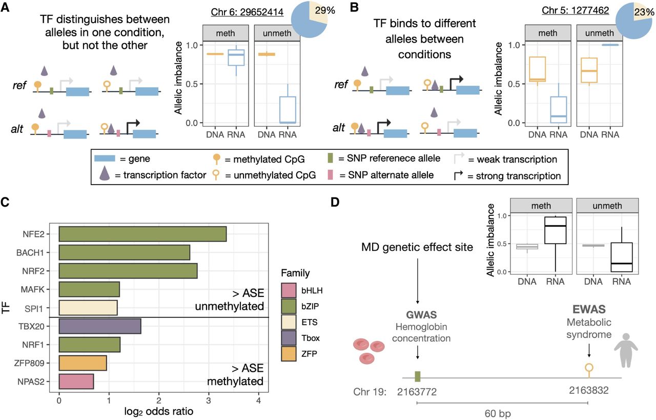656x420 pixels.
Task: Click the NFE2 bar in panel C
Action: (x=142, y=234)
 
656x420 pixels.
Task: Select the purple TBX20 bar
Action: (x=100, y=326)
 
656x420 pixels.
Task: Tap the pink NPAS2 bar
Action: (x=76, y=382)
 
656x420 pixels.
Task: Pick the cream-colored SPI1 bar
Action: (x=88, y=308)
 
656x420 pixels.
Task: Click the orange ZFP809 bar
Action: (x=83, y=363)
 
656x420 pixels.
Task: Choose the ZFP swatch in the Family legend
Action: (x=289, y=354)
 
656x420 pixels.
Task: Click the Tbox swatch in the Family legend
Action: (x=289, y=338)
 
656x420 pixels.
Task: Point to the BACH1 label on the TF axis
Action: (x=30, y=253)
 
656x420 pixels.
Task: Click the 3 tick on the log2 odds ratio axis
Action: (x=209, y=401)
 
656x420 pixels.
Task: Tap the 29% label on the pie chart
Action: (x=325, y=11)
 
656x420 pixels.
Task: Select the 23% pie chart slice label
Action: (x=644, y=12)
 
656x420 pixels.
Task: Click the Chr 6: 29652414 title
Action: (x=247, y=12)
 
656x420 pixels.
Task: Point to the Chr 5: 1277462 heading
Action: (x=575, y=10)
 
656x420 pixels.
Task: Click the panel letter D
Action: (x=335, y=202)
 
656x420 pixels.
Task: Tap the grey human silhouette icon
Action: (x=626, y=350)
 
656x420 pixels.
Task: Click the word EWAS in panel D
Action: (x=589, y=310)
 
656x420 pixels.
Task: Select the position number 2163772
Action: (x=417, y=392)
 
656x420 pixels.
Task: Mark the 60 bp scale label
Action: (x=498, y=413)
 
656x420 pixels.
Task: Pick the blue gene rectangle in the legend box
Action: (x=105, y=158)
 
